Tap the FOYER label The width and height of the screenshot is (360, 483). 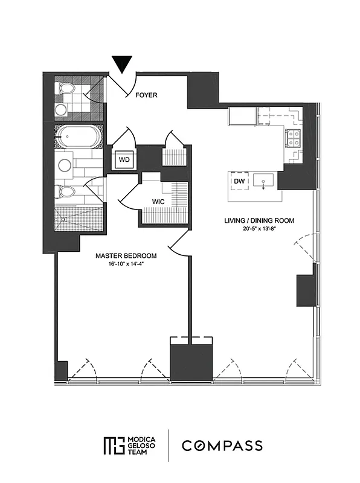(x=147, y=95)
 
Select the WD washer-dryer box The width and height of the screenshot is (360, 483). (x=124, y=160)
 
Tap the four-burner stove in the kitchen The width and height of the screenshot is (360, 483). (x=294, y=138)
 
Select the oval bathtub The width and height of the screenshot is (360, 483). (x=79, y=136)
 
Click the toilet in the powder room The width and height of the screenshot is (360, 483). (x=65, y=89)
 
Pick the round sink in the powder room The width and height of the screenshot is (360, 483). (x=60, y=110)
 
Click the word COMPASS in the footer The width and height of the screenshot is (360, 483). (x=222, y=446)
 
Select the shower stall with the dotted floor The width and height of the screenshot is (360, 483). (x=79, y=219)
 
